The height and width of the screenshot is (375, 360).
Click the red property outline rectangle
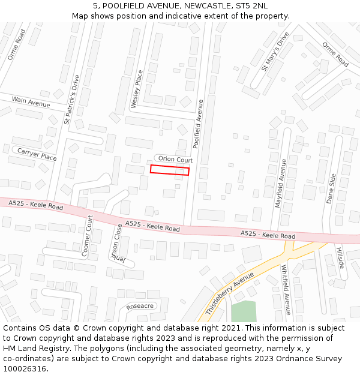(x=169, y=170)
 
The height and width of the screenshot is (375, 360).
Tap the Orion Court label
(x=175, y=160)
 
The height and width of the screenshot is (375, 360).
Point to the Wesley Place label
(x=137, y=89)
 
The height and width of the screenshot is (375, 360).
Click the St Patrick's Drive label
(x=71, y=99)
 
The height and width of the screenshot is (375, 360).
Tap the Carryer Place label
(x=37, y=154)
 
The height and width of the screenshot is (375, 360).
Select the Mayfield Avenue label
(x=280, y=182)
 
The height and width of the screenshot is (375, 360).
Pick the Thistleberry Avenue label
(x=230, y=293)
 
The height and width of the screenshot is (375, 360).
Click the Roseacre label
(x=140, y=306)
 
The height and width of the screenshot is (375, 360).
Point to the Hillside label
(x=340, y=258)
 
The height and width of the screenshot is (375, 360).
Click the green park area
(x=244, y=311)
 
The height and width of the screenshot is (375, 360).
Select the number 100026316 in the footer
(x=24, y=368)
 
